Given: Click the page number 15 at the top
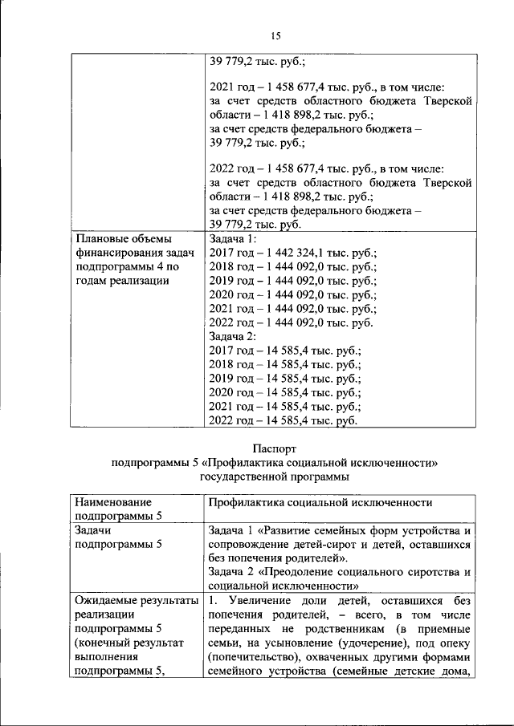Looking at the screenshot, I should (x=275, y=36).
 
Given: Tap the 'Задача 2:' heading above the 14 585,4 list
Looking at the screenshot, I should (x=233, y=337).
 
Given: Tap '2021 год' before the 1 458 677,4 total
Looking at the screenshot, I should (x=231, y=86).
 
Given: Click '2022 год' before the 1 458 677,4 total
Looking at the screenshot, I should (x=231, y=168).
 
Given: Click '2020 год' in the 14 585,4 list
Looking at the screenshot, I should (x=231, y=393).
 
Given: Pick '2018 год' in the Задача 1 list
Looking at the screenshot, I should (x=231, y=267).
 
